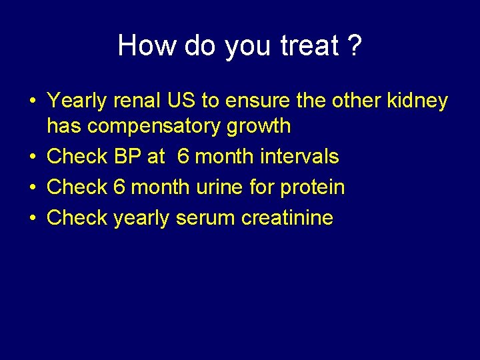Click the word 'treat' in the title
pyautogui.click(x=309, y=45)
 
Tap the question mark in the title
pyautogui.click(x=355, y=45)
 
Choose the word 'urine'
pyautogui.click(x=220, y=187)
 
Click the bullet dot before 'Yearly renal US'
pyautogui.click(x=32, y=101)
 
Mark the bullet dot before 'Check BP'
pyautogui.click(x=32, y=157)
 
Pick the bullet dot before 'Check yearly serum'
pyautogui.click(x=32, y=219)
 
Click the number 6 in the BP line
pyautogui.click(x=182, y=157)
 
